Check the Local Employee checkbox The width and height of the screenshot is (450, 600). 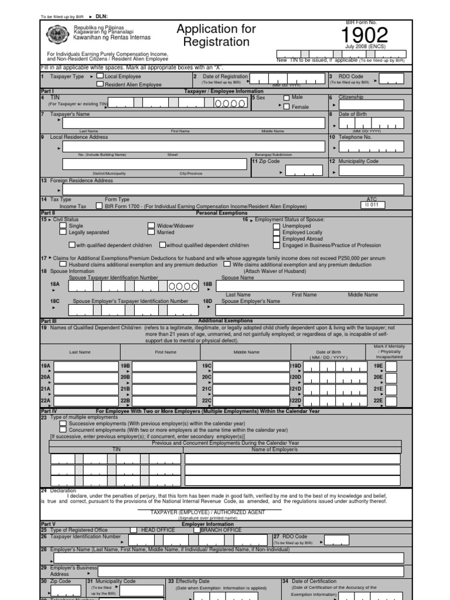[100, 76]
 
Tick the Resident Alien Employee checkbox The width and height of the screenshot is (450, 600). [100, 84]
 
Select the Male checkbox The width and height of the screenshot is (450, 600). [287, 98]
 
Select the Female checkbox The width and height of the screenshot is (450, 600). [287, 107]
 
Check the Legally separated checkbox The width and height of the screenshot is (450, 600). [63, 233]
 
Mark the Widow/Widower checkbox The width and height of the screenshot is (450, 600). [151, 226]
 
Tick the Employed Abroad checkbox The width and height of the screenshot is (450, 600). [277, 239]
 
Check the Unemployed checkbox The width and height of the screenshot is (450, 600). [277, 226]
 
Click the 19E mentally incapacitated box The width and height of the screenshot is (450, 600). [391, 367]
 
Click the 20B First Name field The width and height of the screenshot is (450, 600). [165, 378]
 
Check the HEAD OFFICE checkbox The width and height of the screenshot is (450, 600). [134, 530]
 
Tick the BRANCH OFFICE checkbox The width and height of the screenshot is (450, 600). [196, 530]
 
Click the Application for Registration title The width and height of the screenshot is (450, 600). [216, 36]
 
